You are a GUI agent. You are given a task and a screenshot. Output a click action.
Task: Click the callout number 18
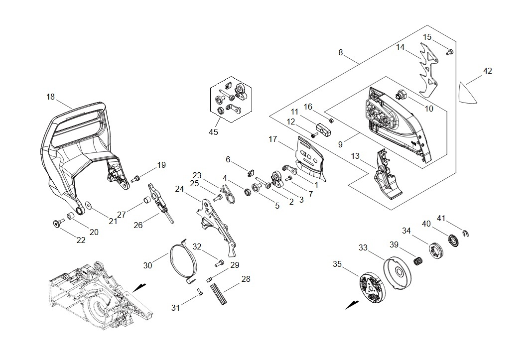pyautogui.click(x=50, y=97)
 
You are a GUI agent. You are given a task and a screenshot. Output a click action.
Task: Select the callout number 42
pyautogui.click(x=487, y=71)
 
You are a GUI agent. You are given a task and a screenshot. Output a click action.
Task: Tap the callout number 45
pyautogui.click(x=213, y=132)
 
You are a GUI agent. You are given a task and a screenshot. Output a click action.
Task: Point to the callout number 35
pyautogui.click(x=337, y=264)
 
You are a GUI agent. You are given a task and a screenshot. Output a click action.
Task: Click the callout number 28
pyautogui.click(x=246, y=279)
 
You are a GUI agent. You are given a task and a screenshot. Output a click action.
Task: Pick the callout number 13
pyautogui.click(x=355, y=156)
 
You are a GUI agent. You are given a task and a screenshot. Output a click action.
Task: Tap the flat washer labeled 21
pyautogui.click(x=88, y=205)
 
